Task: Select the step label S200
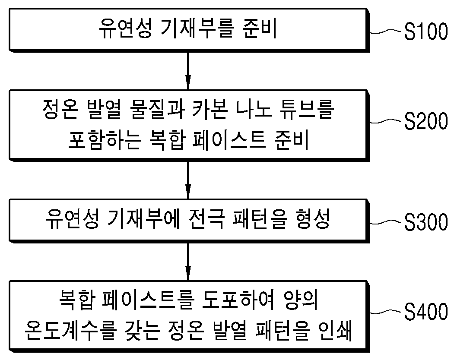426,121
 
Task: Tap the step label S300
426,222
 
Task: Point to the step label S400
426,312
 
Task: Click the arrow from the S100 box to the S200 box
188,71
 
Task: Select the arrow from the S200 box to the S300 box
188,180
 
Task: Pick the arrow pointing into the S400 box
188,262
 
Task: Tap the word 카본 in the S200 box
209,109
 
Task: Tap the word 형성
313,219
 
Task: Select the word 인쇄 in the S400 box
335,331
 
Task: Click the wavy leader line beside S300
386,223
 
